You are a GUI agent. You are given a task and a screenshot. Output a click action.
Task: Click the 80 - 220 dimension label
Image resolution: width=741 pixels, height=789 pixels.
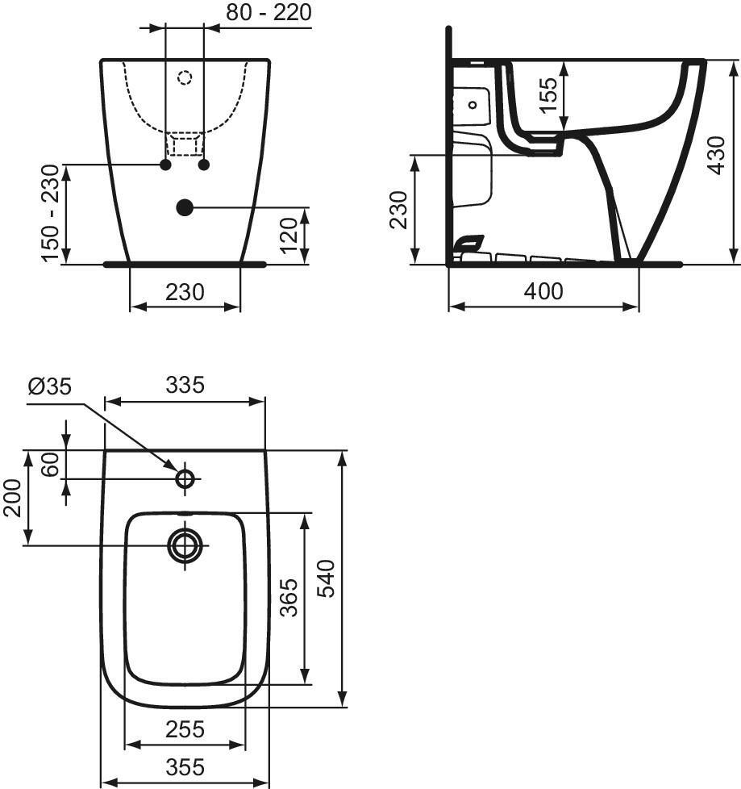tap(269, 12)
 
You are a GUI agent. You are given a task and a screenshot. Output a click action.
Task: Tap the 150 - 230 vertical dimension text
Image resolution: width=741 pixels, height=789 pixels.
tap(52, 213)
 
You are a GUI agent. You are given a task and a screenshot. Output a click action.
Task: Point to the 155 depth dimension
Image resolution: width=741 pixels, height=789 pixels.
tap(547, 95)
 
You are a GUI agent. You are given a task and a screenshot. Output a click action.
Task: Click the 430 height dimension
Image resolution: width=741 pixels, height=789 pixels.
tap(716, 156)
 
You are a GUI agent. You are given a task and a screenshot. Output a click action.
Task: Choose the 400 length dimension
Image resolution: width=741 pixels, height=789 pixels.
tap(543, 291)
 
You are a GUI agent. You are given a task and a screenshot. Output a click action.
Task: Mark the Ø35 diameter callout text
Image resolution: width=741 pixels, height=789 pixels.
tap(50, 386)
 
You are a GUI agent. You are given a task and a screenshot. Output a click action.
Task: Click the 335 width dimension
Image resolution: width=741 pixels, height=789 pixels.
tap(185, 385)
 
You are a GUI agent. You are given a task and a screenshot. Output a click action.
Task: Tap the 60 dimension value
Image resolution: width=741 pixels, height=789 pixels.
tap(51, 465)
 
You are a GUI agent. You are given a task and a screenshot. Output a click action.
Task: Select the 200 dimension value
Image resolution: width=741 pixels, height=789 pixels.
tap(13, 498)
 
